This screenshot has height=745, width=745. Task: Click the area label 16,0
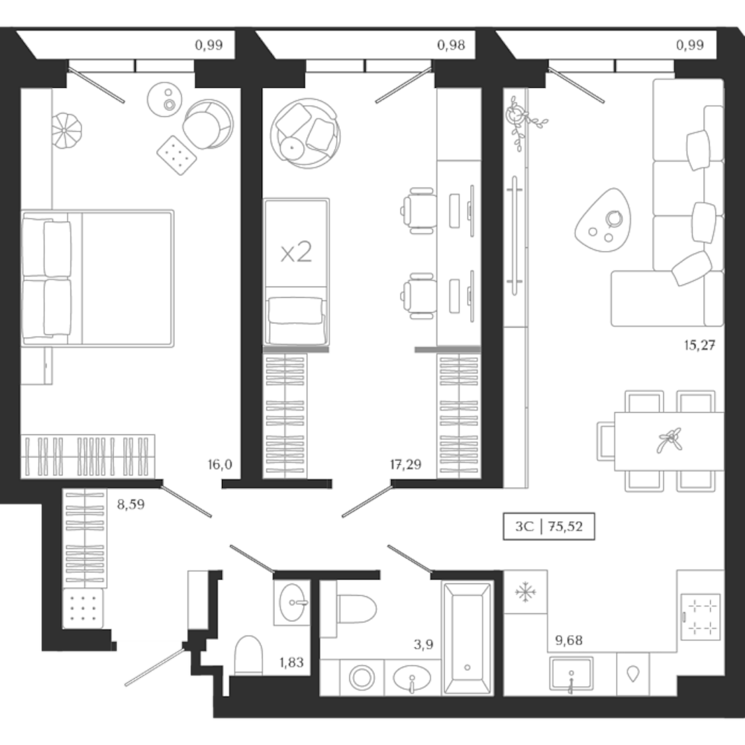pos(221,465)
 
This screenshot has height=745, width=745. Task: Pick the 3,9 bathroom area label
pos(425,646)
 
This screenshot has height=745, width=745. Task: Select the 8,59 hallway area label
pos(130,504)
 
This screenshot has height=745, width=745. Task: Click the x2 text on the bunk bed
pos(296,253)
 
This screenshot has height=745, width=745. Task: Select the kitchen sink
pos(571,675)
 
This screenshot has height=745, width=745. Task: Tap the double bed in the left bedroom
pos(97,277)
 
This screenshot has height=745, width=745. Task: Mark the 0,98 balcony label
pos(451,45)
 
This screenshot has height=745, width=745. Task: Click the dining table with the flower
pos(665,441)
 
